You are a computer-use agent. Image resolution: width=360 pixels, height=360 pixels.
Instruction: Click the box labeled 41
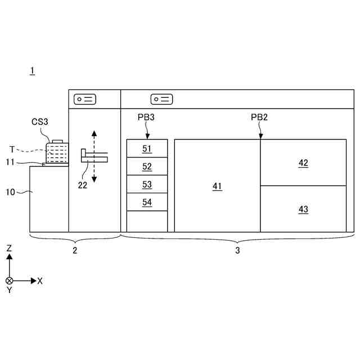pyautogui.click(x=217, y=186)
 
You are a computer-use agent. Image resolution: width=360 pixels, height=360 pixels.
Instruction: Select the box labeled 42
pyautogui.click(x=303, y=163)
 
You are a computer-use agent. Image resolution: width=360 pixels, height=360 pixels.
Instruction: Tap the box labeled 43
pyautogui.click(x=303, y=209)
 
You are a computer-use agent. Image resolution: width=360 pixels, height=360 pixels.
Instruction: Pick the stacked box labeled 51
pyautogui.click(x=147, y=148)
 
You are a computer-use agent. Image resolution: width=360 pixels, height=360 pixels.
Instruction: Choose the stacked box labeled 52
pyautogui.click(x=147, y=166)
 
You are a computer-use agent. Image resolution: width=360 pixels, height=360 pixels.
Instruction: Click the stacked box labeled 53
pyautogui.click(x=147, y=184)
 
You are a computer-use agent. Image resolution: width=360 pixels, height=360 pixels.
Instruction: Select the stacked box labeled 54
pyautogui.click(x=147, y=202)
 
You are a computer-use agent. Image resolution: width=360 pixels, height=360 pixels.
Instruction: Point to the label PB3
pyautogui.click(x=146, y=117)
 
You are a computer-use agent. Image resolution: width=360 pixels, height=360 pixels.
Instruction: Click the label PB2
pyautogui.click(x=259, y=117)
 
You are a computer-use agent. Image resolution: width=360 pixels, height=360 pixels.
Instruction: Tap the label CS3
pyautogui.click(x=40, y=121)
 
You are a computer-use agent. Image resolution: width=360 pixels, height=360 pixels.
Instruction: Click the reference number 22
pyautogui.click(x=83, y=185)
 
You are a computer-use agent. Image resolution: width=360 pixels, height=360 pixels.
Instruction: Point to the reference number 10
pyautogui.click(x=10, y=192)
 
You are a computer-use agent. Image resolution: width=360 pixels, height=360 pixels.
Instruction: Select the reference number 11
pyautogui.click(x=10, y=162)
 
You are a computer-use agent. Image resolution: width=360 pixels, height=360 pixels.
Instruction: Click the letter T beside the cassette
pyautogui.click(x=12, y=148)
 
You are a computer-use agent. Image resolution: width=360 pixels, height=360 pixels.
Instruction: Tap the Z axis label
pyautogui.click(x=9, y=248)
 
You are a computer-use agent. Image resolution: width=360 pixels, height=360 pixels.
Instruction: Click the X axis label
pyautogui.click(x=40, y=281)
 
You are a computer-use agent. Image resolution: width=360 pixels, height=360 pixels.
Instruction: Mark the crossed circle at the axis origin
pyautogui.click(x=9, y=280)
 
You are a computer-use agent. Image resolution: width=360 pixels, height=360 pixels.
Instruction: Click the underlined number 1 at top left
pyautogui.click(x=33, y=70)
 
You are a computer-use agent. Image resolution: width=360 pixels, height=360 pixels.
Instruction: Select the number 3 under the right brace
pyautogui.click(x=237, y=251)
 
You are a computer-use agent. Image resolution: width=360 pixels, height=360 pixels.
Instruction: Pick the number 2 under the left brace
pyautogui.click(x=75, y=251)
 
